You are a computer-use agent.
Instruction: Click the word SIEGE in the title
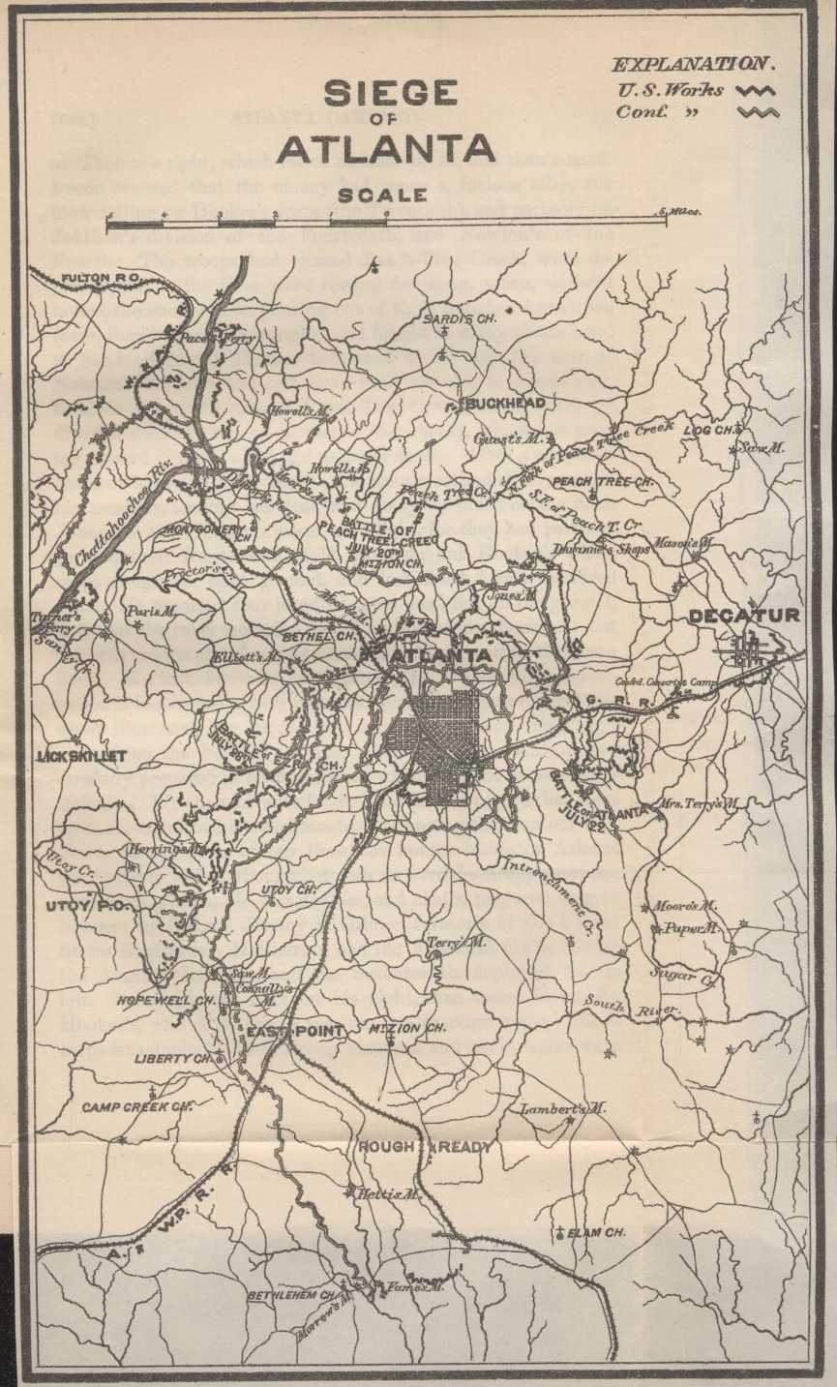point(390,94)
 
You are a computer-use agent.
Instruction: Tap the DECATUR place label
point(744,616)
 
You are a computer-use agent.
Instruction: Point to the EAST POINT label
point(294,1032)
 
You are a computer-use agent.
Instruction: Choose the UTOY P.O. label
point(81,906)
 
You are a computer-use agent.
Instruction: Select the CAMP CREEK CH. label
point(136,1106)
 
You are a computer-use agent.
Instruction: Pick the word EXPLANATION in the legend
point(693,65)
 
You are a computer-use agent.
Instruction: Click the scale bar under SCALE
point(387,223)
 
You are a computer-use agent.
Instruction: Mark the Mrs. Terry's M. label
point(700,802)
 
